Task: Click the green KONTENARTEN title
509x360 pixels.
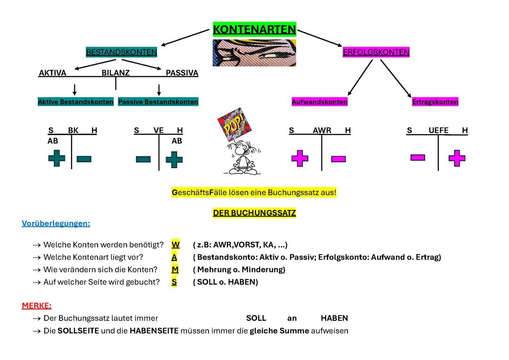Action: (254, 30)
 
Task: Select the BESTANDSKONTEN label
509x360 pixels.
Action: (121, 52)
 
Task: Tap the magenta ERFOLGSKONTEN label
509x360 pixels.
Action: (376, 52)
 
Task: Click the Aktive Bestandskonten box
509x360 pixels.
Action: (75, 102)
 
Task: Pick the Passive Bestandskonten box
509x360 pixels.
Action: (158, 102)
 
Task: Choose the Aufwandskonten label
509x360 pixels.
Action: (320, 102)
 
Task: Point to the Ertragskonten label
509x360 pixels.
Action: (435, 102)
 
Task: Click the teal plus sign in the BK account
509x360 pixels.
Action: (57, 158)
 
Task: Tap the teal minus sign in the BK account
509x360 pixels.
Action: (84, 159)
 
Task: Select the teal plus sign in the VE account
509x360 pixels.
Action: (174, 159)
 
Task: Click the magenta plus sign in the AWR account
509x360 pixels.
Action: (300, 158)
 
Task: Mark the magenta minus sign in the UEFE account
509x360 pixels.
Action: (418, 157)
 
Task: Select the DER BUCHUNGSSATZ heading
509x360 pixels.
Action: (254, 213)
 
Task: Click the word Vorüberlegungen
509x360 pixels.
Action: (56, 223)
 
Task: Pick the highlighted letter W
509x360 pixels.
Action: (175, 245)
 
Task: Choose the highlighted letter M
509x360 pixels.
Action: (175, 270)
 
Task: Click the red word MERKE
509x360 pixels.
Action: (36, 306)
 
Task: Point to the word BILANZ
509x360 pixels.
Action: (115, 73)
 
